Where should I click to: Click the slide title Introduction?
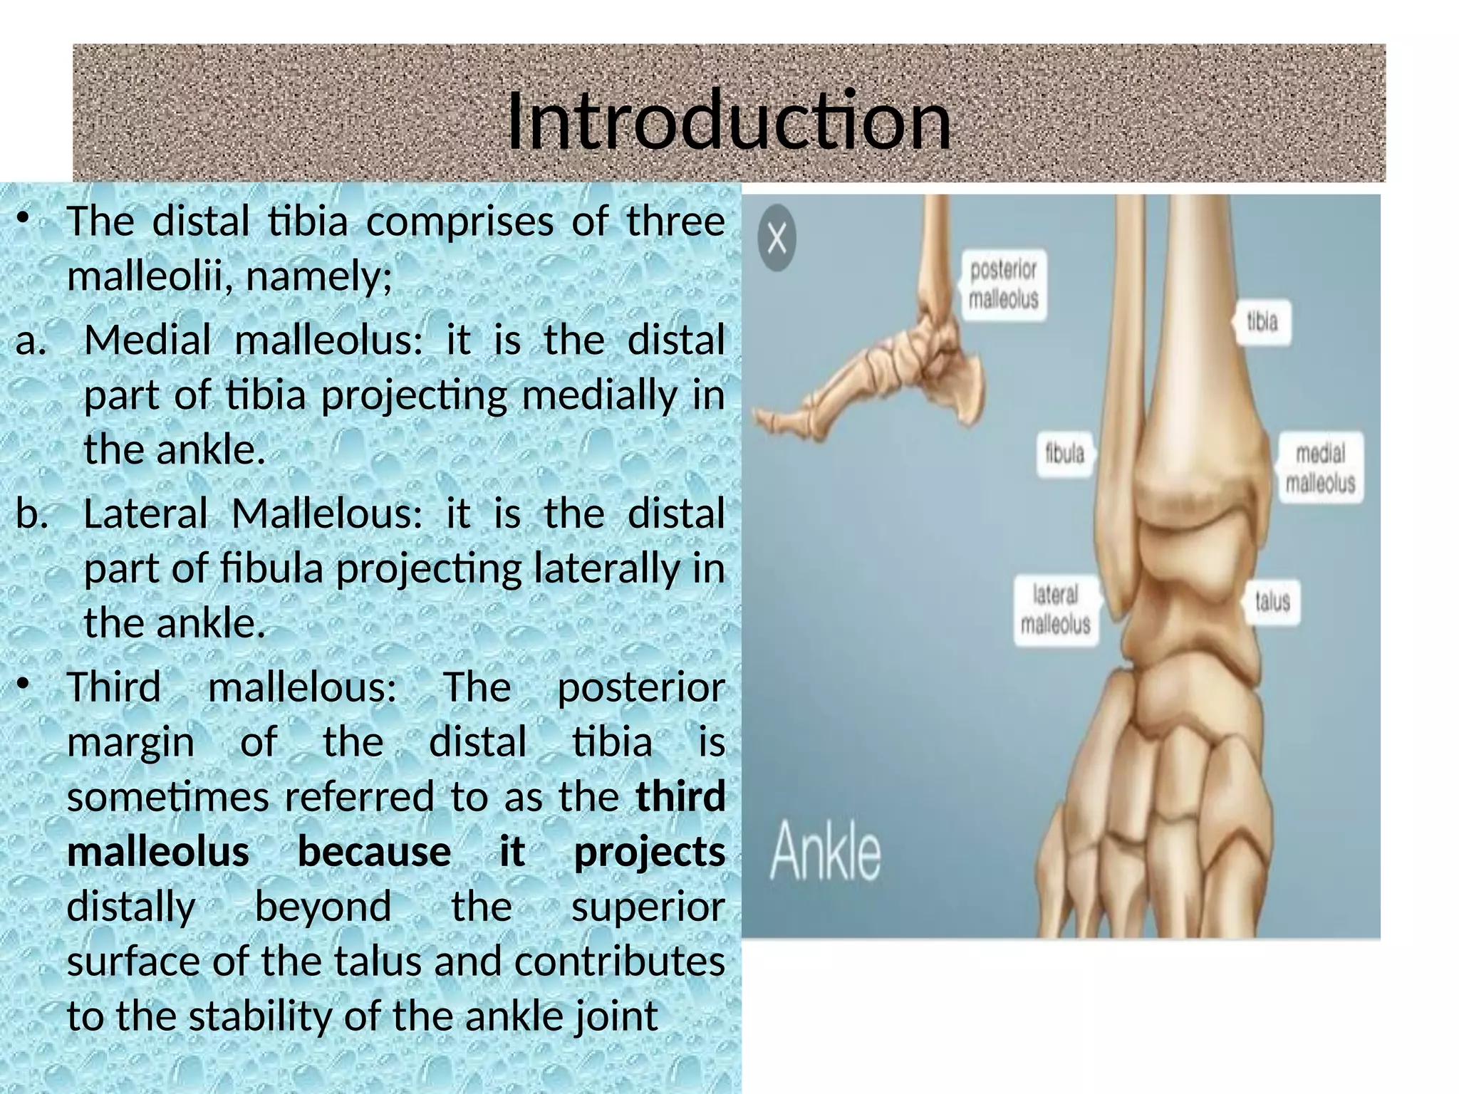click(728, 121)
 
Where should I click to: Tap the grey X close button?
click(777, 238)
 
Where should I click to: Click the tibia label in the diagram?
click(1262, 322)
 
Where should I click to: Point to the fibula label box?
click(1064, 453)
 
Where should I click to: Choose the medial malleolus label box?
click(1320, 468)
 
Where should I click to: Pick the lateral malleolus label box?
click(1055, 610)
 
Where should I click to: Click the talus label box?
click(1272, 601)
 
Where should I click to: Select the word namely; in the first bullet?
click(318, 276)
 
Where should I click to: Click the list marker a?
click(31, 340)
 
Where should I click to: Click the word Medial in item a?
click(147, 340)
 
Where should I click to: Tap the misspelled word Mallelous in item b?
click(327, 514)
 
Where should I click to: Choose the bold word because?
click(374, 852)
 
